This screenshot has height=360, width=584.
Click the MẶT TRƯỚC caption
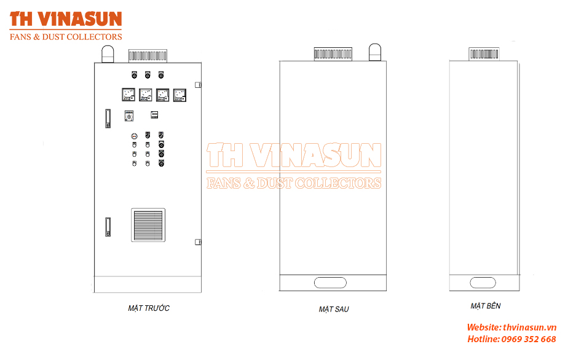(x=149, y=308)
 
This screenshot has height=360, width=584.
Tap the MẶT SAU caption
(x=334, y=309)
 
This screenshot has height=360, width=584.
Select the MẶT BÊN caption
(x=485, y=306)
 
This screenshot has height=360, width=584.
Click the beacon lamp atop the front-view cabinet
(x=108, y=54)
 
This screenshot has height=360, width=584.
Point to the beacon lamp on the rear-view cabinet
(x=375, y=52)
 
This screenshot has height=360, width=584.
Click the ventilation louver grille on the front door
(x=148, y=225)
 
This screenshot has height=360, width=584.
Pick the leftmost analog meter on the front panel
(x=128, y=95)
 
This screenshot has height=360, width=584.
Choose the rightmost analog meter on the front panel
(x=180, y=95)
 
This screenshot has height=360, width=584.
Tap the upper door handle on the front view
(x=108, y=119)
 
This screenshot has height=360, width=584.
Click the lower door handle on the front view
(x=108, y=227)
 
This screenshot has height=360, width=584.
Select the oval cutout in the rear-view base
(x=330, y=283)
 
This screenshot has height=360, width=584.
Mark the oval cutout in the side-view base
(x=483, y=283)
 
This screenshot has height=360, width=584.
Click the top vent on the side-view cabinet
(x=484, y=54)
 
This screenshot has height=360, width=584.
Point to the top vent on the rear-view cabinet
(x=333, y=54)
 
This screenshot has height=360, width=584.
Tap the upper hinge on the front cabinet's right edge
(x=198, y=85)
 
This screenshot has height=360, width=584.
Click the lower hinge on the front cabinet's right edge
(x=198, y=242)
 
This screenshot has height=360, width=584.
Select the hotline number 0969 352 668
(x=529, y=339)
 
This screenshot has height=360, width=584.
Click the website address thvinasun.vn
(x=530, y=327)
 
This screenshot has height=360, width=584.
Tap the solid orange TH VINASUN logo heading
(x=66, y=19)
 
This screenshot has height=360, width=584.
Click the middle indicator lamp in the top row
(x=148, y=75)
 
